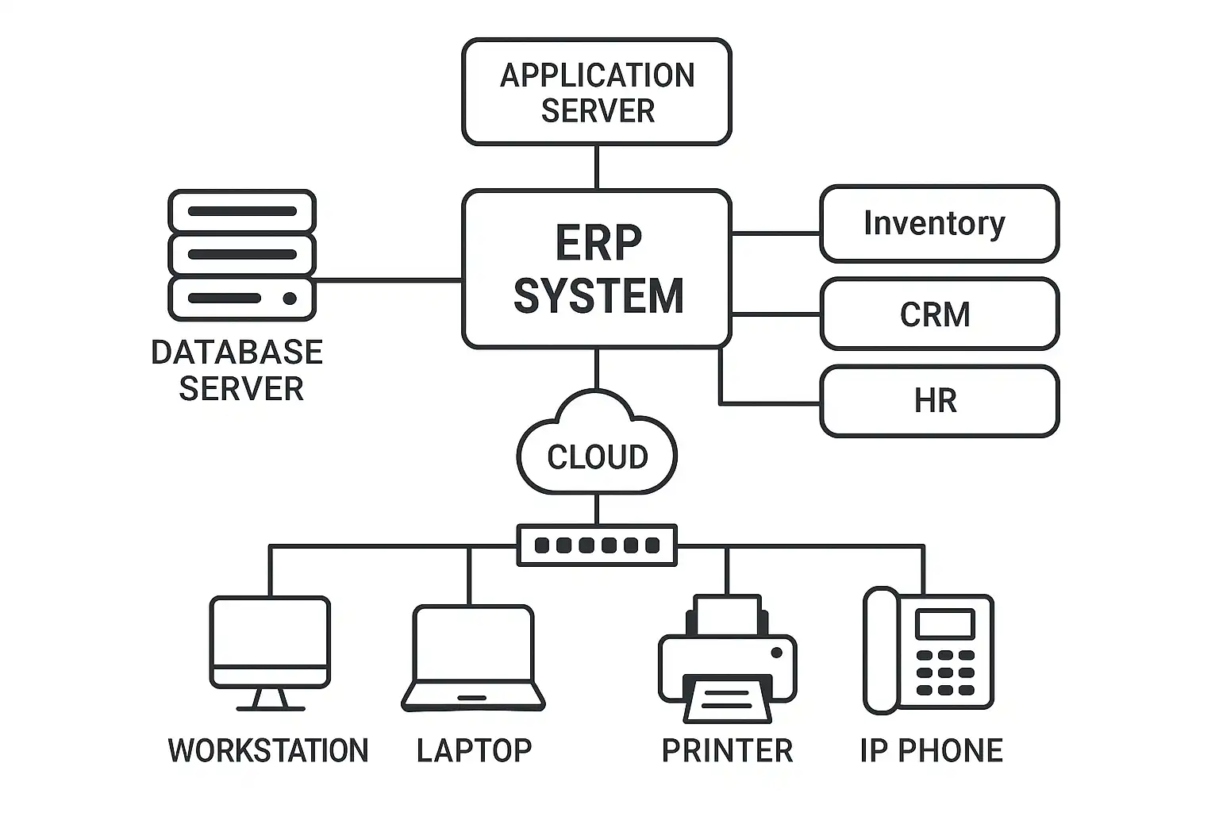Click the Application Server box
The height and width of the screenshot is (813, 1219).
596,92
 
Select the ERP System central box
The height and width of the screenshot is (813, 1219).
596,268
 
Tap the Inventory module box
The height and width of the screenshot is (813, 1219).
939,224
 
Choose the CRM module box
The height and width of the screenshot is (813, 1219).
939,314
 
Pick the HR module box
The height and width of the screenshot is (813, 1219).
939,401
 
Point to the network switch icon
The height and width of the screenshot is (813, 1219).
597,545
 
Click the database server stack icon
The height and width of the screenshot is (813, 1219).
242,255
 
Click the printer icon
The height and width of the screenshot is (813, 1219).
727,659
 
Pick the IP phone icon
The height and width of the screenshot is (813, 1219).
928,651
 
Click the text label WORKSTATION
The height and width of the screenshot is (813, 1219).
268,750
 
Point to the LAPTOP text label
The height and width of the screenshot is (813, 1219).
474,750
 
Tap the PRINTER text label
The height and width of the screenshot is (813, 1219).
727,750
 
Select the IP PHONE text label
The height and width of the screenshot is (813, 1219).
931,750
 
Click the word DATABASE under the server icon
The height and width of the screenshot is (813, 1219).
236,353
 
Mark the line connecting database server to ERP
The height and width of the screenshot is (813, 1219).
389,280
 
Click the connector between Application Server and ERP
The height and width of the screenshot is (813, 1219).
596,168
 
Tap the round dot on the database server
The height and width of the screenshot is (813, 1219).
290,299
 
